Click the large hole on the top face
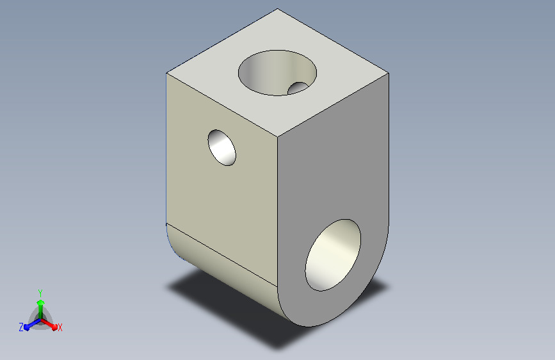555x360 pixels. pyautogui.click(x=277, y=72)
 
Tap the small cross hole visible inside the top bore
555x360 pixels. pyautogui.click(x=298, y=88)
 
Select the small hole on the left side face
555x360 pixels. pyautogui.click(x=221, y=147)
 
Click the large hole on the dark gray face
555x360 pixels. pyautogui.click(x=333, y=255)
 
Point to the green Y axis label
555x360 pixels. pyautogui.click(x=40, y=293)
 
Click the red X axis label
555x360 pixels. pyautogui.click(x=60, y=327)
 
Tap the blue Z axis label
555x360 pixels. pyautogui.click(x=21, y=327)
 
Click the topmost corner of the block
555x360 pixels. pyautogui.click(x=278, y=8)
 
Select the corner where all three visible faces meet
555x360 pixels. pyautogui.click(x=278, y=136)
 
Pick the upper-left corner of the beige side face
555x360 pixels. pyautogui.click(x=166, y=74)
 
